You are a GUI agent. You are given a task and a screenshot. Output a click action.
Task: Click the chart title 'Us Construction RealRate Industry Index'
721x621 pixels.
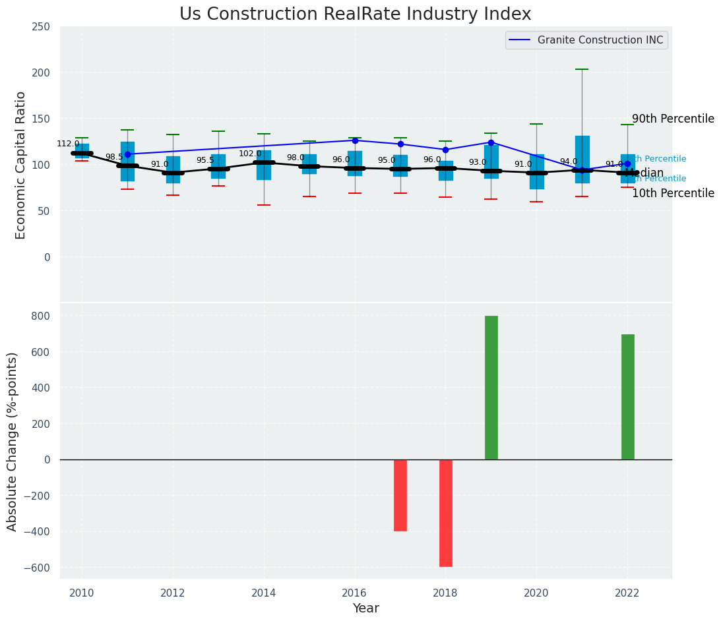click(x=355, y=15)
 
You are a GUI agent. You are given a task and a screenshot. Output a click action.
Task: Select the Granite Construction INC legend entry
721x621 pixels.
click(x=600, y=40)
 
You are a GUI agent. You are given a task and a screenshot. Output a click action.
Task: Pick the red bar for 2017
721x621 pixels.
click(x=400, y=495)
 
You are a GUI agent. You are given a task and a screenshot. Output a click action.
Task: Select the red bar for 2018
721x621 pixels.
click(x=445, y=513)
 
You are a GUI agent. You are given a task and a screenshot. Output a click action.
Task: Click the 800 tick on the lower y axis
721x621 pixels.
click(x=41, y=316)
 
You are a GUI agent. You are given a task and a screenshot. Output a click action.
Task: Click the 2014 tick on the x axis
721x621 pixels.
click(x=264, y=593)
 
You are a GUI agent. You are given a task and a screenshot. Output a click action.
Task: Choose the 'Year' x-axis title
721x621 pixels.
click(x=365, y=608)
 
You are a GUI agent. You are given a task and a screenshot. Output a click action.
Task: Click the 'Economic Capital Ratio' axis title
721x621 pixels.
click(x=20, y=165)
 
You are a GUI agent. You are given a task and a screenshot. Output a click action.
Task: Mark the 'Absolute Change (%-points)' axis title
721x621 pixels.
click(x=13, y=441)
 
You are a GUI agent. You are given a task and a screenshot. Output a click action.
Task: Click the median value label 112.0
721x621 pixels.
click(x=68, y=144)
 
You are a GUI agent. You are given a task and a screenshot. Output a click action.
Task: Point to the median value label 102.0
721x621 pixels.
click(x=250, y=154)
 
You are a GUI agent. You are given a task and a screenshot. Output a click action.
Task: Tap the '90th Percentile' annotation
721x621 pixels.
click(x=673, y=119)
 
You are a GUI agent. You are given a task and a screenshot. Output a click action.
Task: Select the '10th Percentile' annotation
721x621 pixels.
click(x=673, y=194)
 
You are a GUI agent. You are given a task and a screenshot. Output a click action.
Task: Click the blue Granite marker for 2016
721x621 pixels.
click(x=355, y=140)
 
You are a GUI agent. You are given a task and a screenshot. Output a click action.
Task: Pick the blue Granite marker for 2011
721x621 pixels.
click(x=127, y=154)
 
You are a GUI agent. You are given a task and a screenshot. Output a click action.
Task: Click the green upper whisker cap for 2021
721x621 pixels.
click(x=582, y=69)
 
